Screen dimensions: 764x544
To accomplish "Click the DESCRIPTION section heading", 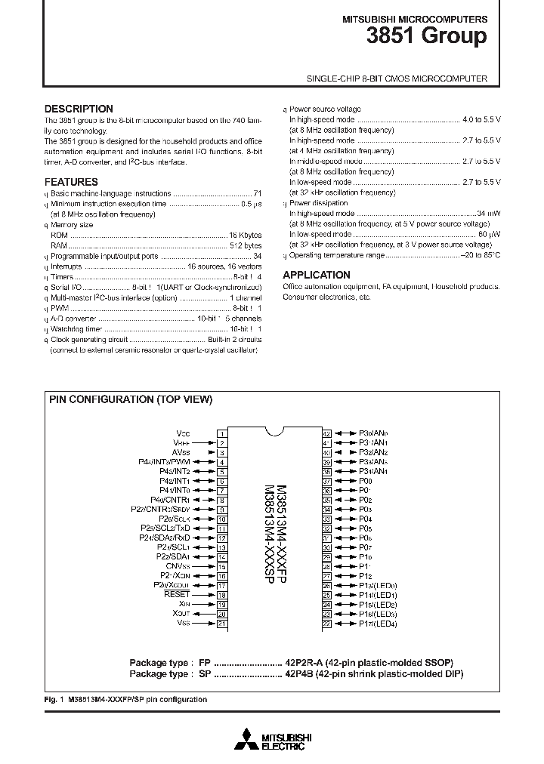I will [x=79, y=109].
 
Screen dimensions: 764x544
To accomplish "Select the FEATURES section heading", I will [x=71, y=182].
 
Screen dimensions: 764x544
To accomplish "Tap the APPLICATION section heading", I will [x=316, y=275].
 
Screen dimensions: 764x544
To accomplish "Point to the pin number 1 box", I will [x=222, y=433].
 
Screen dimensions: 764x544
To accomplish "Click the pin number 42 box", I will [x=327, y=433].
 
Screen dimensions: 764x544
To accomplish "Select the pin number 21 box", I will [x=222, y=624].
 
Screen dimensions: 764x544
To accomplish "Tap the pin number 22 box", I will [x=327, y=624].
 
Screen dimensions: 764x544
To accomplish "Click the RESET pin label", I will [x=177, y=595].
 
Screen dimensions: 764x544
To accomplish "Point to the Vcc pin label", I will [x=183, y=433].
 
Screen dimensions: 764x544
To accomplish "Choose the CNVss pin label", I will [x=178, y=566].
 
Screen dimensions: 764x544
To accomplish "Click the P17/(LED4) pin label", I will [x=378, y=624].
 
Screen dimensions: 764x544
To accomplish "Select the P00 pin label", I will [x=366, y=481].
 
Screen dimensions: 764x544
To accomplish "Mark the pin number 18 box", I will [x=222, y=595].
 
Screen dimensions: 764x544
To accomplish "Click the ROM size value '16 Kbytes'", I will [x=246, y=236].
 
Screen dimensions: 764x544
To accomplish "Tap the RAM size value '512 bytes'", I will [x=246, y=246].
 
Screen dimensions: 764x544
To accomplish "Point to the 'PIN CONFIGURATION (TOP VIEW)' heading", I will [x=131, y=400].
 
